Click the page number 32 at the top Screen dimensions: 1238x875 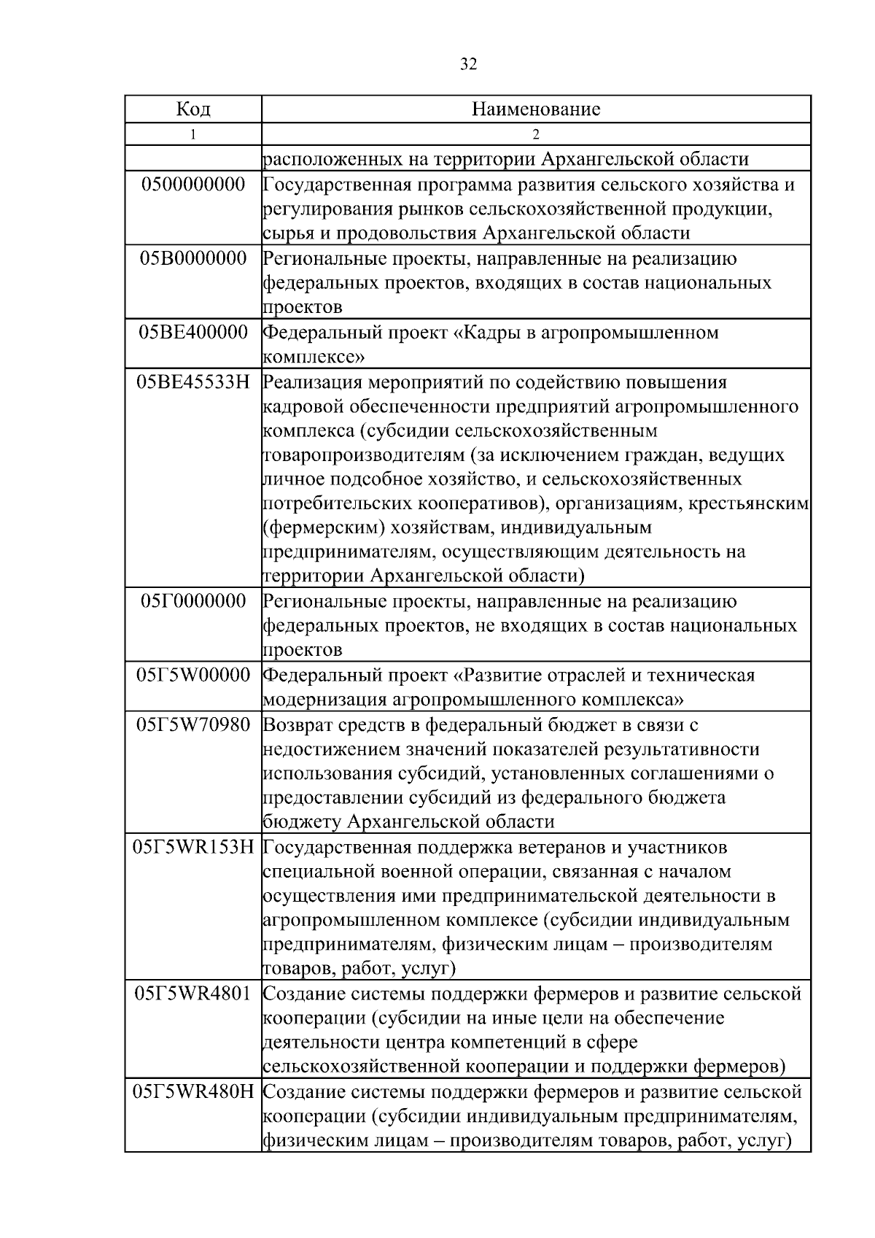pyautogui.click(x=469, y=64)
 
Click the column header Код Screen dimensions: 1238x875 pyautogui.click(x=193, y=109)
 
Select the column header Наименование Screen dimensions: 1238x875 pyautogui.click(x=536, y=109)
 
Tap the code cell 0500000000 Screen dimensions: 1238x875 pyautogui.click(x=193, y=184)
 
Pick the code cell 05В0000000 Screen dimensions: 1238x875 pyautogui.click(x=193, y=258)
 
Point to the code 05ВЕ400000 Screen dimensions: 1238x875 pyautogui.click(x=193, y=333)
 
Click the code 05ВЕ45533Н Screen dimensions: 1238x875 pyautogui.click(x=193, y=382)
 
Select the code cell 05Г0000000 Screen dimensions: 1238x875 pyautogui.click(x=193, y=601)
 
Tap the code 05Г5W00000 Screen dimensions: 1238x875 pyautogui.click(x=193, y=675)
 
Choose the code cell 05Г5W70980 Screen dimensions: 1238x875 pyautogui.click(x=193, y=724)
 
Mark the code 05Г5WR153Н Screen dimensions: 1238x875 pyautogui.click(x=193, y=847)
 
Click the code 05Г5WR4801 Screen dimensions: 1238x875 pyautogui.click(x=193, y=994)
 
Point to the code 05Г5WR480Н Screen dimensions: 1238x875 pyautogui.click(x=193, y=1092)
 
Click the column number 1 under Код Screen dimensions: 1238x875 pyautogui.click(x=193, y=134)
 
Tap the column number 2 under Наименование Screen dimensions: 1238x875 pyautogui.click(x=536, y=134)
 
